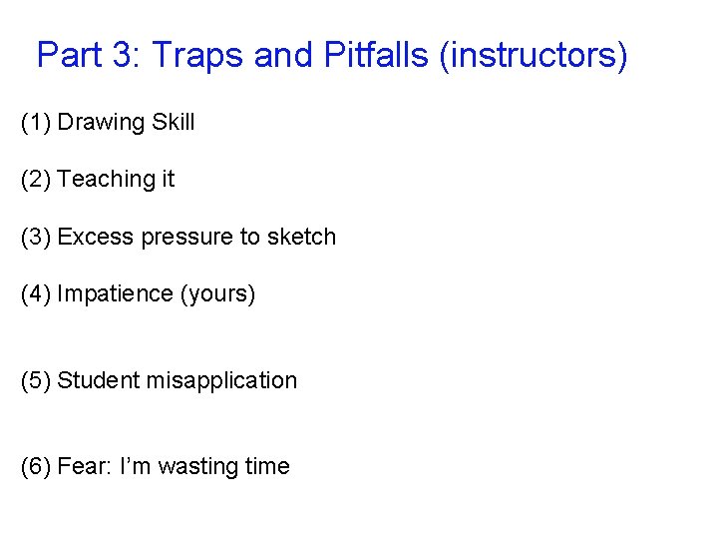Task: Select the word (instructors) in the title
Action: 534,56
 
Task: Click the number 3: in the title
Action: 126,55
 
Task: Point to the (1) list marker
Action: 36,123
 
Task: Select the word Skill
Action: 174,123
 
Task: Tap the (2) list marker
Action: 36,180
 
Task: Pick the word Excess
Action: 96,238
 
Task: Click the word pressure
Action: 186,238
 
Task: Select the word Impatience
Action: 115,294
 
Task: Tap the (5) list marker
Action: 36,381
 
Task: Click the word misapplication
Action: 221,381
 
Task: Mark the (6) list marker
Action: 36,467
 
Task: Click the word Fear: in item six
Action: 85,467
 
